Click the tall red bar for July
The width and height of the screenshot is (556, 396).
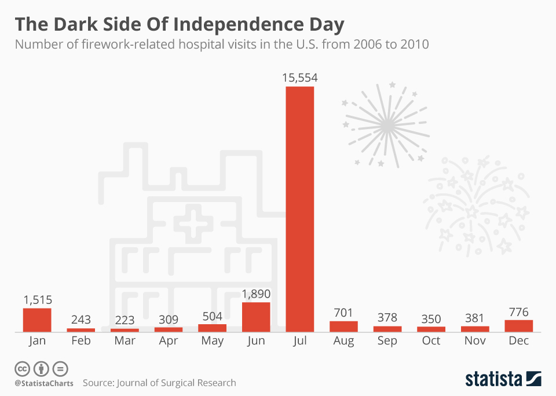point(299,208)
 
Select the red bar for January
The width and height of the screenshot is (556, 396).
point(37,320)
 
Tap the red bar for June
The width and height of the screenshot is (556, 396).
point(256,317)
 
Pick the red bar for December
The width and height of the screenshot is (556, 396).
point(518,326)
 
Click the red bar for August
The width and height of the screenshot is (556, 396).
point(343,327)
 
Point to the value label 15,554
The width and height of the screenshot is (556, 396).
point(300,78)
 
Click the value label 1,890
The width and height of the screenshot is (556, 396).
point(256,294)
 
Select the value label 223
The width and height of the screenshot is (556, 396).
point(125,320)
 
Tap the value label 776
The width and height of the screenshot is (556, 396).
point(518,311)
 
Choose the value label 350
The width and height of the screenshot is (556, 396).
point(431,319)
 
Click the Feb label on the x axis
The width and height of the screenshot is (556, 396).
point(81,341)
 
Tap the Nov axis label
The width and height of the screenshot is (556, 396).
point(475,341)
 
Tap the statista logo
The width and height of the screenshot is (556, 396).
point(503,379)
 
